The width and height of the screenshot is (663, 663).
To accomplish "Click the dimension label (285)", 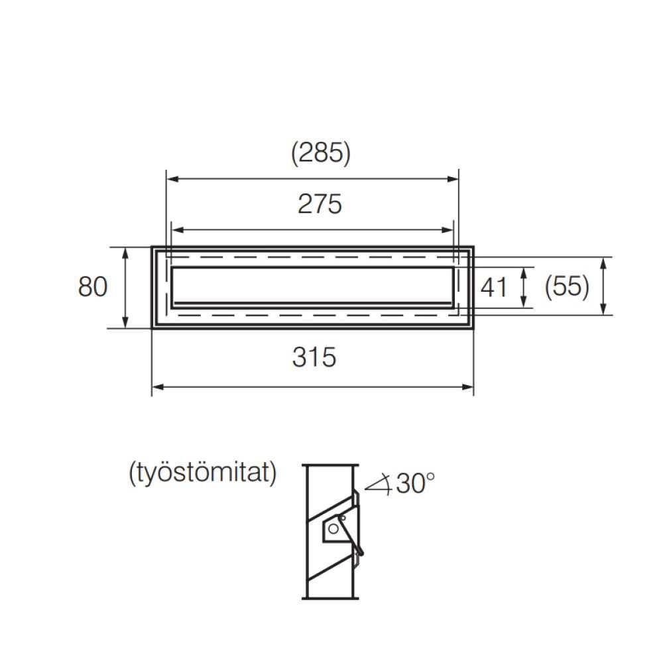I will tap(320, 153).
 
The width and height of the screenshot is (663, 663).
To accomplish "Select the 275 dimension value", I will tap(320, 204).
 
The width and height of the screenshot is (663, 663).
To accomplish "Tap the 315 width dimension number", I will tap(314, 357).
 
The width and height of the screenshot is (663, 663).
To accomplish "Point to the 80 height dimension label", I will tap(93, 287).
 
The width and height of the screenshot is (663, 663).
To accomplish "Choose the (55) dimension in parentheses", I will tap(566, 287).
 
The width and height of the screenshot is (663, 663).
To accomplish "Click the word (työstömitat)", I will tap(202, 473).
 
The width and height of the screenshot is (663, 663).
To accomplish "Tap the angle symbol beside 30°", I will tap(379, 485).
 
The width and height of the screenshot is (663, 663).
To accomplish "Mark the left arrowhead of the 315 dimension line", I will tap(156, 387).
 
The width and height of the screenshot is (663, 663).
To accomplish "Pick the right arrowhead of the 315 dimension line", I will tap(469, 387).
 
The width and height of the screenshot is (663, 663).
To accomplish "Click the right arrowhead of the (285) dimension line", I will tap(454, 179).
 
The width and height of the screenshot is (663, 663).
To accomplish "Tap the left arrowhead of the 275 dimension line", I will tap(176, 230).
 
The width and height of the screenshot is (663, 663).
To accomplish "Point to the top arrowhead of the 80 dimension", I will tap(126, 251).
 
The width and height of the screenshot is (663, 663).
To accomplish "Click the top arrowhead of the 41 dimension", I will tap(524, 271).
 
